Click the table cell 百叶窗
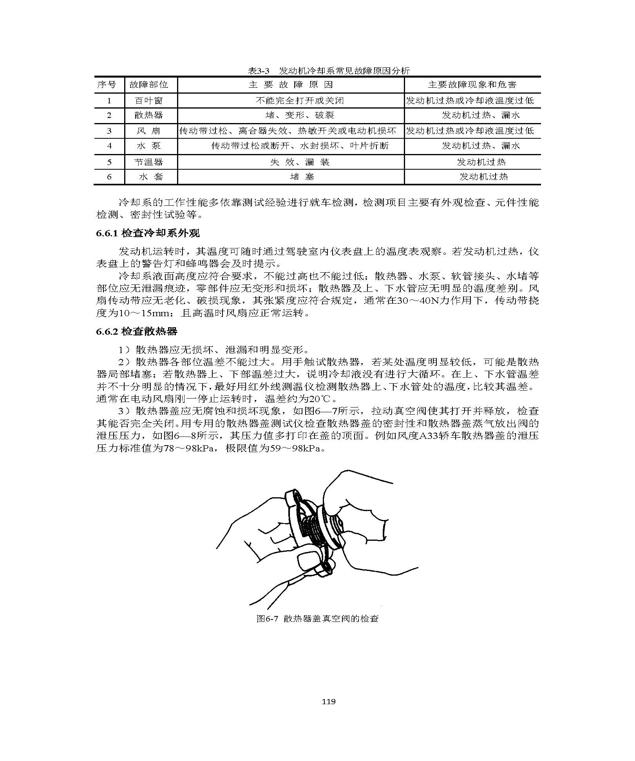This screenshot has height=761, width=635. (x=148, y=100)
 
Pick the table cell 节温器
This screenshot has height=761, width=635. (x=148, y=162)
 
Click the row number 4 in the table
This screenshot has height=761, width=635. (x=109, y=146)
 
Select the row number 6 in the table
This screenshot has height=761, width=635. (x=109, y=177)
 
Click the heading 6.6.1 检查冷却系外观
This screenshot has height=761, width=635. (x=148, y=233)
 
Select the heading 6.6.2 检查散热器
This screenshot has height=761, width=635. (x=137, y=332)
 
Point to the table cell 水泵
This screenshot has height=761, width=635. (x=148, y=146)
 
